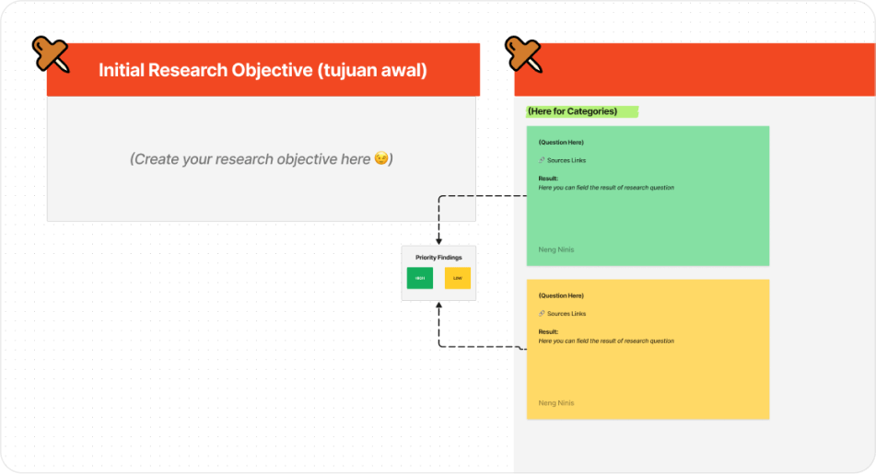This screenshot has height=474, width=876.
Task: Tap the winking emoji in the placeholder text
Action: tap(380, 159)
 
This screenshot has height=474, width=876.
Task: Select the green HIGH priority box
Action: tap(420, 277)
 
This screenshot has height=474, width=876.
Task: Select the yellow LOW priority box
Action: tap(458, 277)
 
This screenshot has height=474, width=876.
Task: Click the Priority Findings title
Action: tap(438, 258)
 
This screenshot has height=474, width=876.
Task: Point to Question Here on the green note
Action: tap(561, 143)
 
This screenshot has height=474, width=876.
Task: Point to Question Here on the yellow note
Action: tap(561, 295)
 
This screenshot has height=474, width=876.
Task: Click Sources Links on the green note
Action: tap(566, 160)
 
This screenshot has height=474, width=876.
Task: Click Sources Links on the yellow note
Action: tap(566, 314)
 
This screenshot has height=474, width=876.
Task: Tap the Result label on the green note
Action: tap(548, 179)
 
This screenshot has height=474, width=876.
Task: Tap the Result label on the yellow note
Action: tap(548, 331)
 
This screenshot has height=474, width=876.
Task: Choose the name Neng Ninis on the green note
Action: tap(556, 249)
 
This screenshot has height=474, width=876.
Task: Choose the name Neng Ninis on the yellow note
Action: tap(556, 403)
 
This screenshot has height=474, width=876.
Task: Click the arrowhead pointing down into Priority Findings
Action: tap(438, 240)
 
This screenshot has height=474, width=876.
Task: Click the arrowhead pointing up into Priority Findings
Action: tap(438, 306)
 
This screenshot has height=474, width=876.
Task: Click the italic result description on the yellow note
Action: tap(606, 341)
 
